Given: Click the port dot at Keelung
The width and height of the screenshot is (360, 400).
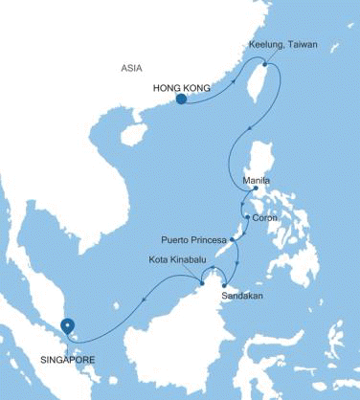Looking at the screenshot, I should click(x=265, y=63).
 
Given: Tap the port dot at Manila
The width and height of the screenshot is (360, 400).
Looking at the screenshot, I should click(x=255, y=189).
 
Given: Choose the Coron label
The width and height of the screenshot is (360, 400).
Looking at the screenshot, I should click(x=266, y=217).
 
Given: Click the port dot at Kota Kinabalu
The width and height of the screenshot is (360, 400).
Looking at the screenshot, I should click(x=203, y=280).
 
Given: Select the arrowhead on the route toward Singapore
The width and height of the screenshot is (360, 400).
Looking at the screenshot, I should click(x=145, y=297).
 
